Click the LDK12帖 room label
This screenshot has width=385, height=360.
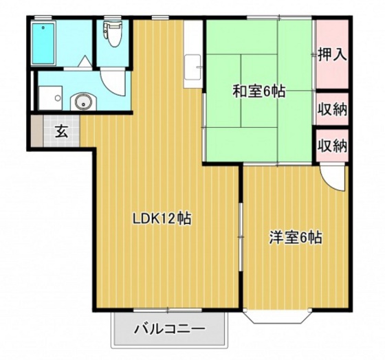[162, 218]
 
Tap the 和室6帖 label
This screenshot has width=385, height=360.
[258, 91]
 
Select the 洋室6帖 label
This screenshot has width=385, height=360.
[296, 237]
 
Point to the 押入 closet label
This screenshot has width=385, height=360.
[332, 54]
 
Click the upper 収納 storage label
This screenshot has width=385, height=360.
[332, 109]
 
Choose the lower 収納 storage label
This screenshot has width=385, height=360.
[332, 146]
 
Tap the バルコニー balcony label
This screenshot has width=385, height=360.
[169, 328]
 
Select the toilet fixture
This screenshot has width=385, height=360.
[113, 34]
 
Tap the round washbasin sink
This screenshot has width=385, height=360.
[84, 102]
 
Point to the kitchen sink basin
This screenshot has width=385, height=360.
[192, 67]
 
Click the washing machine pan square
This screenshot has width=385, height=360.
[51, 98]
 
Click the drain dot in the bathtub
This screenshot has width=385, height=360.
[43, 27]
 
